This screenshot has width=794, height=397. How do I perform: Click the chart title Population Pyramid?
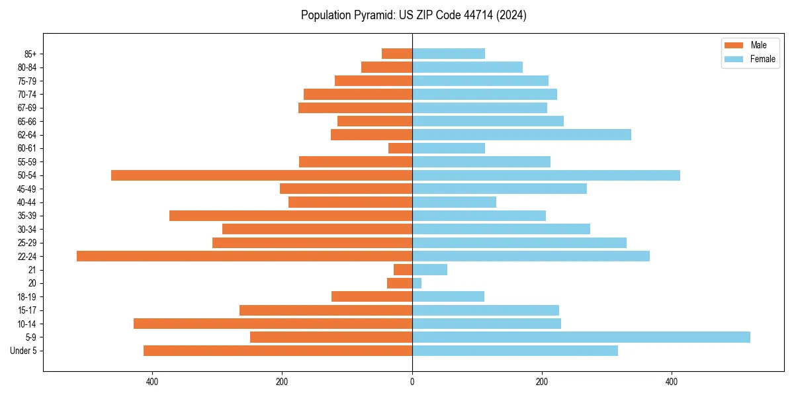coord(414,15)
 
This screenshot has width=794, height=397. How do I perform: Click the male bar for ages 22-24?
coord(244,256)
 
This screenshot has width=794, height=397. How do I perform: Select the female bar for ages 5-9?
coord(581,337)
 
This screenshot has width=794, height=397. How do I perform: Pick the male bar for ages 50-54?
coord(261,175)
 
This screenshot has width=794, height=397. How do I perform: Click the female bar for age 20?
coord(417,283)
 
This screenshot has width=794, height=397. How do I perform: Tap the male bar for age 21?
coord(403,269)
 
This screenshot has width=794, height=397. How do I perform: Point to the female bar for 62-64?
coord(521,135)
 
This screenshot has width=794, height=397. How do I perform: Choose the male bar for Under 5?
coord(278,351)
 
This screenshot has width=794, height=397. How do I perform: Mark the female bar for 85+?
coord(449,54)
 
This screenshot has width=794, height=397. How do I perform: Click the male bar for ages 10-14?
coord(273,324)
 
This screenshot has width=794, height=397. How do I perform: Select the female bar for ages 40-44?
coord(454,202)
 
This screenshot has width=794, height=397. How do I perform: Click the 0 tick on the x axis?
coord(412,382)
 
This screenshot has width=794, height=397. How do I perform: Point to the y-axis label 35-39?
coord(27,216)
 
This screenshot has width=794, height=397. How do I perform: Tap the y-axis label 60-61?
coord(27,148)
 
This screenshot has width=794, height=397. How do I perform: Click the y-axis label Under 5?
coord(24,351)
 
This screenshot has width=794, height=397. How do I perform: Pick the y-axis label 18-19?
coord(27,296)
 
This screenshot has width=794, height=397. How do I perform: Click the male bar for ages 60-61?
coord(400,148)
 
